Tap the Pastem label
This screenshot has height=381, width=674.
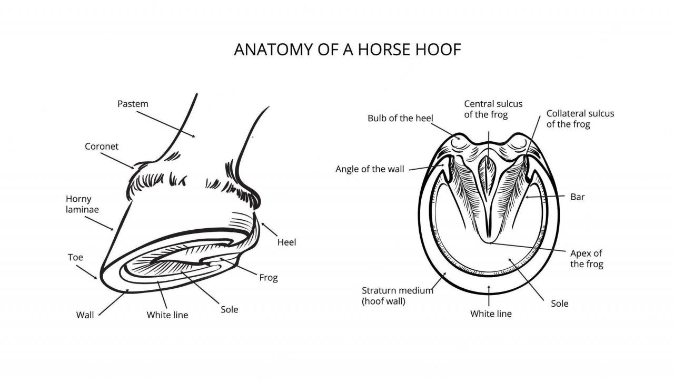point(133,104)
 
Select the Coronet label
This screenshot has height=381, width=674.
point(102,146)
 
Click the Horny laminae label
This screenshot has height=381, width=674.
point(82,204)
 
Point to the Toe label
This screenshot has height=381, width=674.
point(75,258)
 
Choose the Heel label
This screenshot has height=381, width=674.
point(286,242)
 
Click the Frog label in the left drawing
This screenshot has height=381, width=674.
point(269,278)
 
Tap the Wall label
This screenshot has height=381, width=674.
point(85,315)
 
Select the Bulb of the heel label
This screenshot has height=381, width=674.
point(400,119)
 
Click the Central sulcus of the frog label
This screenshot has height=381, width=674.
point(493,109)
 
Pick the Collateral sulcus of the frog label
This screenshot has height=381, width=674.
point(580,119)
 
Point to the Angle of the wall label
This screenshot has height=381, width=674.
point(370,169)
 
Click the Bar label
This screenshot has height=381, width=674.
point(578,197)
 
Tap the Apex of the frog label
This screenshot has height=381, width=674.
point(587,259)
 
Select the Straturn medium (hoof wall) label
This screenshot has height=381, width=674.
point(398,296)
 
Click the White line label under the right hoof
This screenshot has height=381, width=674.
point(491,314)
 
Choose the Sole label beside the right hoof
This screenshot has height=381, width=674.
point(559,304)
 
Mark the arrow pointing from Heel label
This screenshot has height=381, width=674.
point(269,230)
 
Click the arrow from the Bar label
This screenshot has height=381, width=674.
point(544,197)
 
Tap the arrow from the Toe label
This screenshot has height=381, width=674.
point(87,272)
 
